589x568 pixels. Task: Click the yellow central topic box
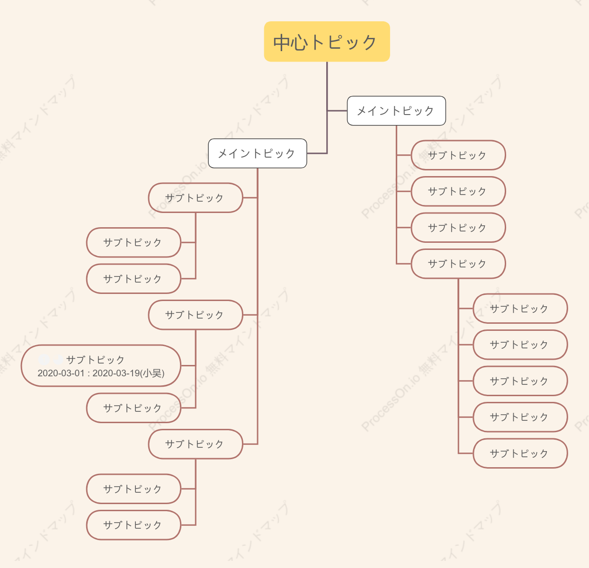327,42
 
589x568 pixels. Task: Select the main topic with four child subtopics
396,111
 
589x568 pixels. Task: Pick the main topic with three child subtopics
258,153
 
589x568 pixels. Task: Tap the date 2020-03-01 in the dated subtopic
61,373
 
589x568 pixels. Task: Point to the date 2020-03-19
116,373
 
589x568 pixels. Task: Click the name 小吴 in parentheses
152,373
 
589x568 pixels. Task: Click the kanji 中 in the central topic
282,43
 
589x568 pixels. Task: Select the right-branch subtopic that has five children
458,264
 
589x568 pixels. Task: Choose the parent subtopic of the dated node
196,315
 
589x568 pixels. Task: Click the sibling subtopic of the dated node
134,408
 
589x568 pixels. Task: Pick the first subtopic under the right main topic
458,155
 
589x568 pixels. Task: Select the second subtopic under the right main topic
458,191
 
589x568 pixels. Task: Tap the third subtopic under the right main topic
458,228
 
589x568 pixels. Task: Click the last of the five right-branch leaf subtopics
520,453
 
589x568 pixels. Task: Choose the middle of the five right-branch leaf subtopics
520,381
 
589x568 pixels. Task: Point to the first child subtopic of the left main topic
196,197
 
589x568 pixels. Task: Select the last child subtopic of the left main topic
196,444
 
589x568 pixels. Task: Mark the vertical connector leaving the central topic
327,108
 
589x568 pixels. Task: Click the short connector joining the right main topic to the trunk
337,111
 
